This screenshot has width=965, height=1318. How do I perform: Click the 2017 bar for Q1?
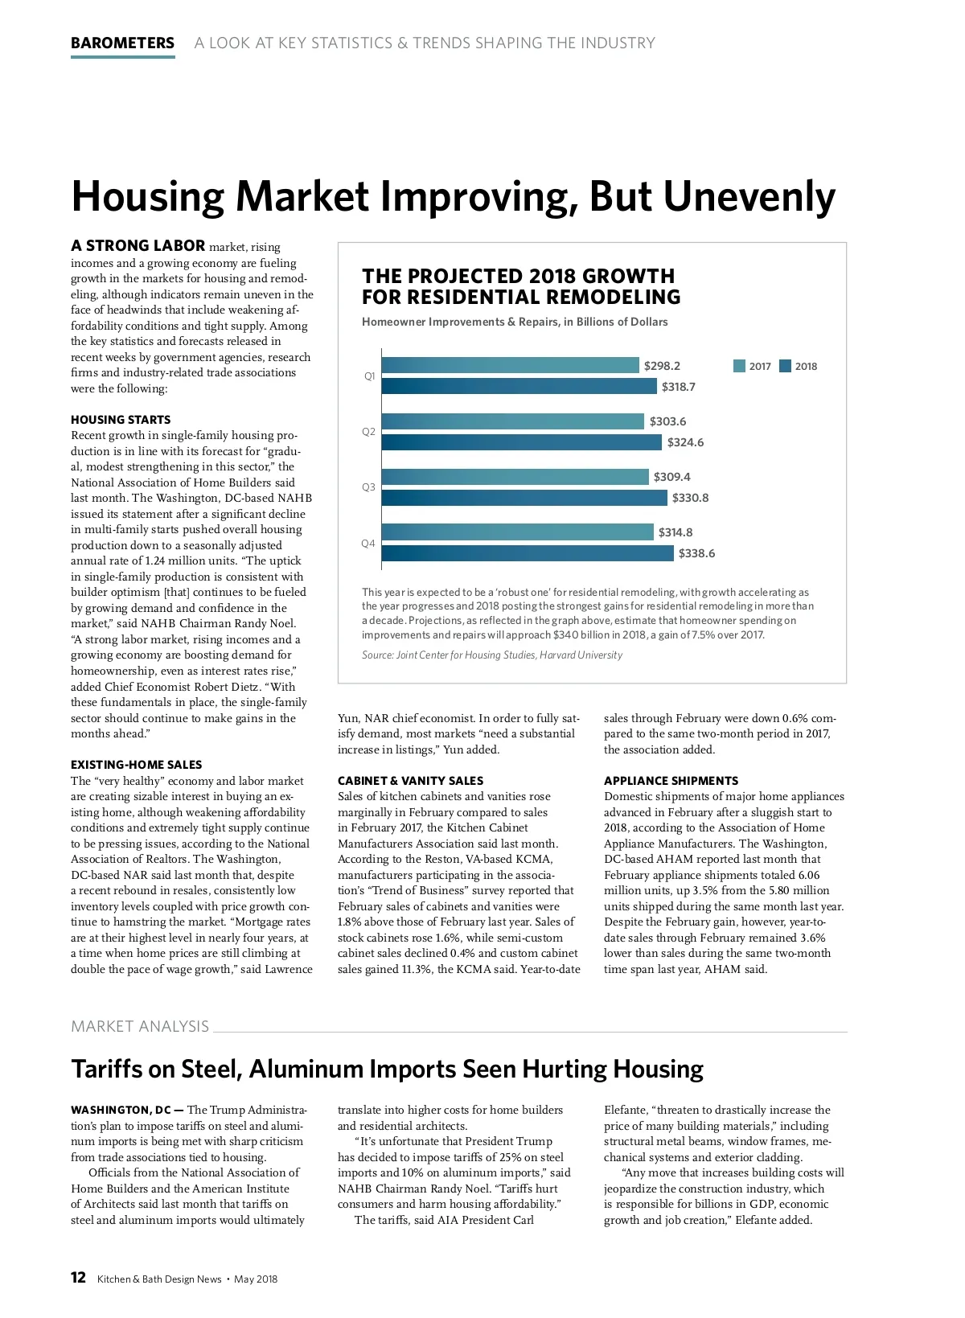[510, 366]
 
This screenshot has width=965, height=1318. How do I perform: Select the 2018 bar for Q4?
[527, 553]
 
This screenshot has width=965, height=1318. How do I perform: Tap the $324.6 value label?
[685, 442]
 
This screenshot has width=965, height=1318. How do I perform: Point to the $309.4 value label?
[671, 477]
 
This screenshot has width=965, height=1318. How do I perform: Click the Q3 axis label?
[368, 487]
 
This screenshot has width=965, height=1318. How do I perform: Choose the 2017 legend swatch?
[739, 367]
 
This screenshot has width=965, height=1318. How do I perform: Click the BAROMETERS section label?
[122, 43]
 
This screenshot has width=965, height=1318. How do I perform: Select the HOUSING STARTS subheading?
[121, 420]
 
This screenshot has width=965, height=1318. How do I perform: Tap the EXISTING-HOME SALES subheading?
[136, 765]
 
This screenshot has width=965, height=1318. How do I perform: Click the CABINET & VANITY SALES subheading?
[410, 781]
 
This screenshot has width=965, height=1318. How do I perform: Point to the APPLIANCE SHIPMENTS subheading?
[671, 781]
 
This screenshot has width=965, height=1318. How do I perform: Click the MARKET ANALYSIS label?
[140, 1026]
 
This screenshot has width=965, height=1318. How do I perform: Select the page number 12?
[78, 1278]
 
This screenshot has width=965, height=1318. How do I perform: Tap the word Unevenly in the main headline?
[750, 196]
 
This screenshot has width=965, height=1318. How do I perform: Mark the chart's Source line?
[491, 655]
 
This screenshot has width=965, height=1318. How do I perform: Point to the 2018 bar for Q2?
[521, 442]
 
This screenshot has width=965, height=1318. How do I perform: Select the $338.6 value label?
[696, 553]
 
